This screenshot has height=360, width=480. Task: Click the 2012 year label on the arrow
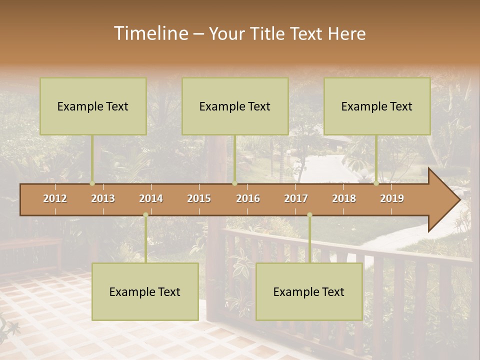pyautogui.click(x=55, y=198)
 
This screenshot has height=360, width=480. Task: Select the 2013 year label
pyautogui.click(x=103, y=198)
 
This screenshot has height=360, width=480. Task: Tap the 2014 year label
pyautogui.click(x=151, y=198)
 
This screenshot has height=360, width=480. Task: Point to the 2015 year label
pyautogui.click(x=199, y=198)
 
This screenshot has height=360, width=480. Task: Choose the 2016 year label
pyautogui.click(x=248, y=198)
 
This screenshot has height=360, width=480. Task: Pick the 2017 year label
pyautogui.click(x=296, y=198)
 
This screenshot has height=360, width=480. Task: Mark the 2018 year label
pyautogui.click(x=344, y=198)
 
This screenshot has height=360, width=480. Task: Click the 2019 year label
pyautogui.click(x=392, y=198)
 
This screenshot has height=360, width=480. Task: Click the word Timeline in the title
pyautogui.click(x=150, y=33)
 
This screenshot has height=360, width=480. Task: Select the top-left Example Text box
pyautogui.click(x=93, y=106)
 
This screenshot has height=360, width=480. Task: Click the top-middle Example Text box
pyautogui.click(x=235, y=106)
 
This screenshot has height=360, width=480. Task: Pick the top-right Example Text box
pyautogui.click(x=377, y=106)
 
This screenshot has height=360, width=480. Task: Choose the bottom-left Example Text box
pyautogui.click(x=145, y=291)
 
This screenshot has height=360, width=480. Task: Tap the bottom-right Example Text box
pyautogui.click(x=309, y=291)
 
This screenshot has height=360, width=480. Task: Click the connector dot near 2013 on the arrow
pyautogui.click(x=92, y=183)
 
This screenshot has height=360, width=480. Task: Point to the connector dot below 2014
pyautogui.click(x=145, y=215)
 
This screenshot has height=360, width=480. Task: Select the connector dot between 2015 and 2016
pyautogui.click(x=234, y=183)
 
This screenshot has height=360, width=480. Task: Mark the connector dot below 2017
pyautogui.click(x=309, y=215)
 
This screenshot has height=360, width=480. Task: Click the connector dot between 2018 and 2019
pyautogui.click(x=376, y=183)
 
